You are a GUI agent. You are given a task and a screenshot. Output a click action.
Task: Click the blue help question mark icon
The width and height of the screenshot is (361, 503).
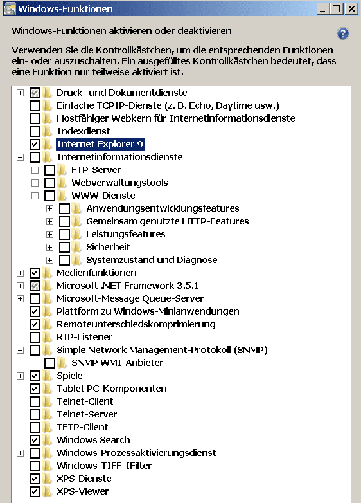(343, 33)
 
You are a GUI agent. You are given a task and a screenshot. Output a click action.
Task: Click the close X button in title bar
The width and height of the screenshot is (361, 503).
(351, 8)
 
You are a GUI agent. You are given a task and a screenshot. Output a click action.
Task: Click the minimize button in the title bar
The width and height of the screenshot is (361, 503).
(323, 8)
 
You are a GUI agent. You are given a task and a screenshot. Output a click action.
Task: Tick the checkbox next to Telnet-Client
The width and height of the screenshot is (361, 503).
(35, 401)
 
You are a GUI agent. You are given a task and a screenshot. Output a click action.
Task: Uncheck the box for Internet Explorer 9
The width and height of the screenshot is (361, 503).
(35, 144)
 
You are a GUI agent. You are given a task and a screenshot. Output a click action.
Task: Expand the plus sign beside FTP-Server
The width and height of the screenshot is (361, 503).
(35, 170)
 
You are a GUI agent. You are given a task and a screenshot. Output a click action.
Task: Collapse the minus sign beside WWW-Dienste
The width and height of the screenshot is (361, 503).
(35, 196)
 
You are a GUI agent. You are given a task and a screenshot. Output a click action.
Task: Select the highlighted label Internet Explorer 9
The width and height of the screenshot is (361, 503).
(100, 144)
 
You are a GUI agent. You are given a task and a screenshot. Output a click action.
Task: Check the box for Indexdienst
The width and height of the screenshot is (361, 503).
(35, 131)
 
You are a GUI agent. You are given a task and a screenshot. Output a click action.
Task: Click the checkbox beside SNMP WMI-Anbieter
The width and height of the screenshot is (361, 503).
(49, 363)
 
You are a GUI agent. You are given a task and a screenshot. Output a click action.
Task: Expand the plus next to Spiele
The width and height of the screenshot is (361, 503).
(20, 376)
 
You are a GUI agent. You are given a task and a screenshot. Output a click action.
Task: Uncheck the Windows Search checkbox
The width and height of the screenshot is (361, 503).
(35, 440)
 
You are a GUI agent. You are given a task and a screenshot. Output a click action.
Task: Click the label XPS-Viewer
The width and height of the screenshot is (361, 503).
(83, 491)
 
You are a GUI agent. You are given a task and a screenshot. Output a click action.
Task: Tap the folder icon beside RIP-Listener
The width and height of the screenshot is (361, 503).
(47, 337)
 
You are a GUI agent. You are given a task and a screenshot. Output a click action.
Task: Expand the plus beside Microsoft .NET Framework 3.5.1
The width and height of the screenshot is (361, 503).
(20, 286)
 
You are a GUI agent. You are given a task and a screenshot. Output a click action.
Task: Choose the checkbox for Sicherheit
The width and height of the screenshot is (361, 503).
(64, 247)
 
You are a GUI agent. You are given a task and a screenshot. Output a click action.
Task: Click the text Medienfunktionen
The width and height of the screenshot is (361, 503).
(96, 273)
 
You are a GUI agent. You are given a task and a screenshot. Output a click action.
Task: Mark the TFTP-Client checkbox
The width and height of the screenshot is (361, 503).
(35, 427)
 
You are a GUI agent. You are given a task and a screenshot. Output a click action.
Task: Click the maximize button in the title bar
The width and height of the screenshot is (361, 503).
(337, 8)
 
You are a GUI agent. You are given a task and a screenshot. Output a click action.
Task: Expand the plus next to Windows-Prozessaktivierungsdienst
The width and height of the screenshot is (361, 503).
(20, 453)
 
